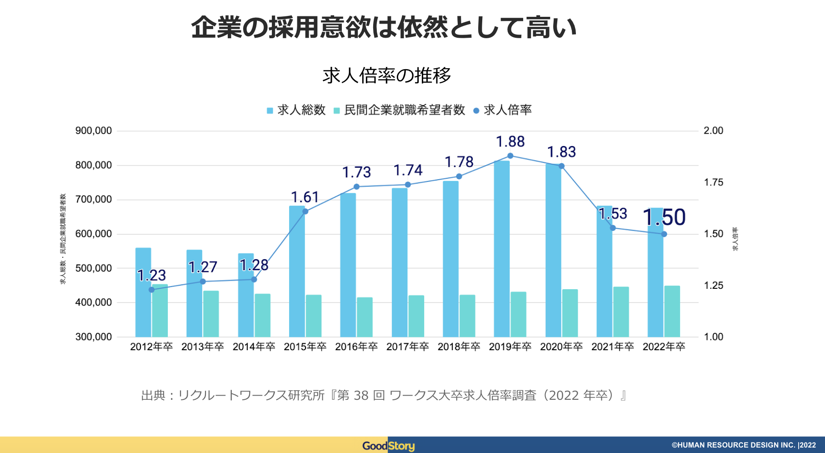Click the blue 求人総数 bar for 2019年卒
(x=502, y=250)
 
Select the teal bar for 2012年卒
(x=160, y=311)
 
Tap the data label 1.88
(x=510, y=142)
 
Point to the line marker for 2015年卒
(x=305, y=211)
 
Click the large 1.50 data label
(x=664, y=217)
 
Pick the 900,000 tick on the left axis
(x=94, y=131)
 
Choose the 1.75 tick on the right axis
(x=714, y=182)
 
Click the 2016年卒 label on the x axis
(x=356, y=347)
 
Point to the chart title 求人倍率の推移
(x=387, y=75)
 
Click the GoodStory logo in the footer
(x=388, y=446)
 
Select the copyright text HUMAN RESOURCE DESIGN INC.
(x=736, y=445)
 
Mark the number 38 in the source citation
(x=361, y=395)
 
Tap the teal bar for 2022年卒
(x=672, y=312)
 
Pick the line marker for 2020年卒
(x=561, y=166)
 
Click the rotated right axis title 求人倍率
(x=735, y=239)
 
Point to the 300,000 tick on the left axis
(x=94, y=337)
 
